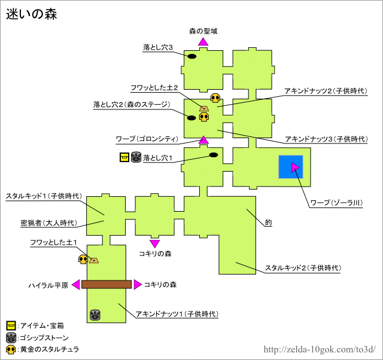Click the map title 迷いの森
coord(32,14)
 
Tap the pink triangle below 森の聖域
coord(203,41)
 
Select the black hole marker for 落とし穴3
coord(192,56)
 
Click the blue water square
coord(291,167)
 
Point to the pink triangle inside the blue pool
coord(295,167)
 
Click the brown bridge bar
coord(106,285)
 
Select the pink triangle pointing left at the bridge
coord(75,285)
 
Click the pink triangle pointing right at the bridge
coord(137,285)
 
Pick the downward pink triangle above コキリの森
coord(154,243)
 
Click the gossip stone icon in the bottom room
coord(95,315)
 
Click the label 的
coord(268,222)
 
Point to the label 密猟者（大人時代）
coord(48,222)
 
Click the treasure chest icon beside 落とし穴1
coord(124,158)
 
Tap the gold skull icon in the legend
coord(11,349)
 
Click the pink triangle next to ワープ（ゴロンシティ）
coord(203,140)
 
